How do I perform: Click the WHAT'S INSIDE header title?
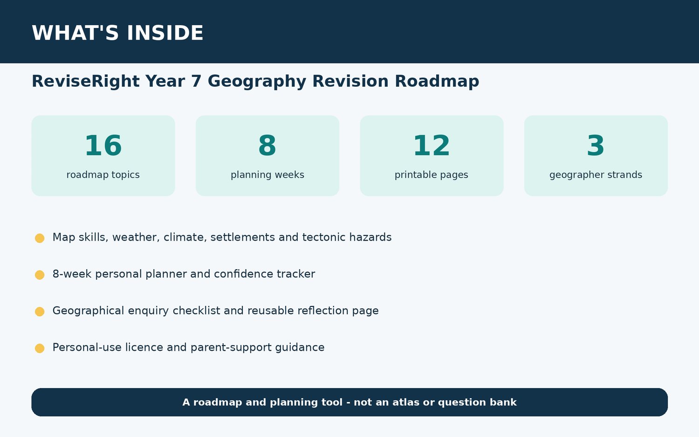tap(117, 33)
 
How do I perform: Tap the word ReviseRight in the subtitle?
tap(85, 81)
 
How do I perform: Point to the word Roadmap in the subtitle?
tap(437, 82)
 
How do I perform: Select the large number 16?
tap(103, 146)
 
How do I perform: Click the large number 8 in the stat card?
tap(267, 146)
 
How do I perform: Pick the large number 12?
tap(432, 146)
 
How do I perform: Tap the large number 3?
tap(596, 146)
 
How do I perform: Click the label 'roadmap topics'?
tap(103, 174)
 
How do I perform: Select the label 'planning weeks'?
tap(267, 174)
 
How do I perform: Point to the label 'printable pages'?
tap(432, 174)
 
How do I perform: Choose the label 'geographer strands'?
tap(596, 174)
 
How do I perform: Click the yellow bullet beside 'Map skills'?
tap(40, 238)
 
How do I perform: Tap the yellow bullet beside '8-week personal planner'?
tap(40, 275)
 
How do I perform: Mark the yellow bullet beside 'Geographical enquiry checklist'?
tap(40, 312)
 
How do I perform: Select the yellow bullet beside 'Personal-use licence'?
tap(40, 348)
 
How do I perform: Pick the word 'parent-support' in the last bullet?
tap(231, 347)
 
